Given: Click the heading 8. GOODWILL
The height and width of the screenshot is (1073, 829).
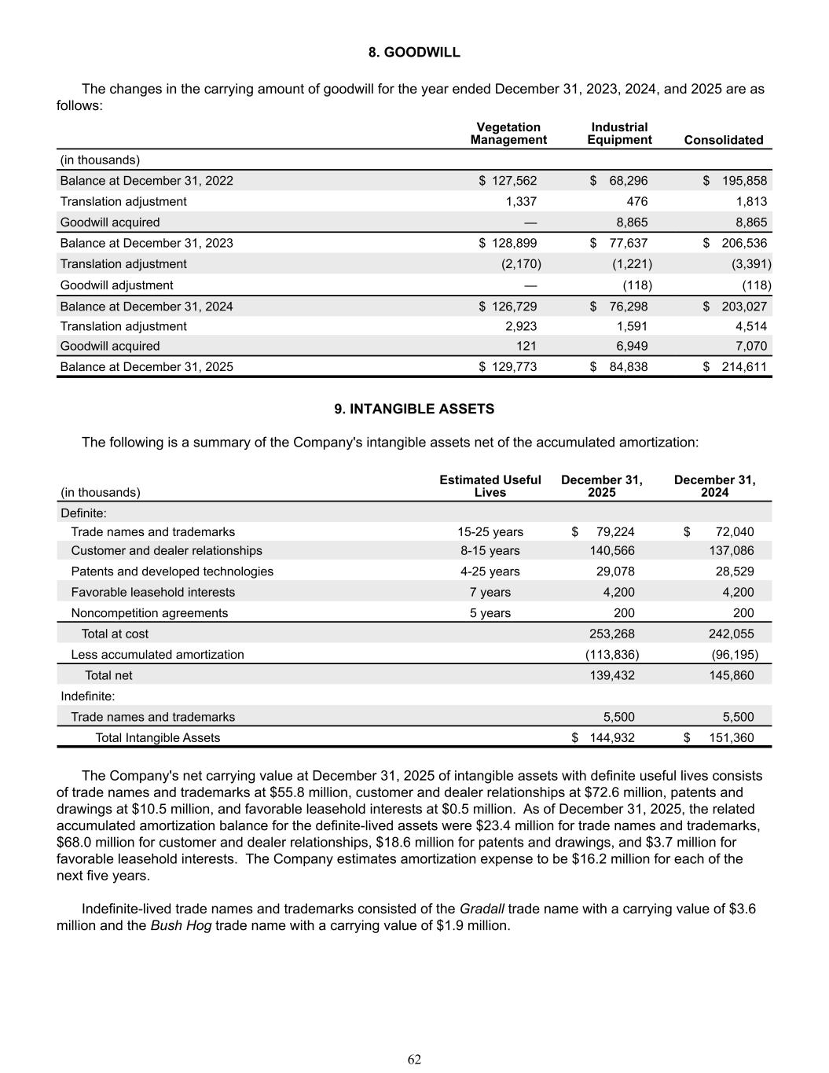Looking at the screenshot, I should pos(414,53).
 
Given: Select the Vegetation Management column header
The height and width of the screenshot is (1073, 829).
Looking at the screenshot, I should pos(508,134).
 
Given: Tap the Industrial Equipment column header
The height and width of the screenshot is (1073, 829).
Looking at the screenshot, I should pos(619,134).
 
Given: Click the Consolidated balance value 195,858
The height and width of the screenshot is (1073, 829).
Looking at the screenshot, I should pos(744,181).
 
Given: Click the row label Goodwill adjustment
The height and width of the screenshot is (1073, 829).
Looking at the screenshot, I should pos(117,285).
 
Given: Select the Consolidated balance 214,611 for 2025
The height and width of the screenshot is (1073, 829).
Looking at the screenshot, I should pos(744,366).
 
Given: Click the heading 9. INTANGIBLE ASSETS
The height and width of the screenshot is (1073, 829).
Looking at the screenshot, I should pos(414,409).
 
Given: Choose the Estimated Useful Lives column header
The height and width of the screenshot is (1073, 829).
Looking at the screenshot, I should pos(490,486).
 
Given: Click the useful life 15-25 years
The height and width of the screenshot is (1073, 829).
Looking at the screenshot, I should pos(490,532).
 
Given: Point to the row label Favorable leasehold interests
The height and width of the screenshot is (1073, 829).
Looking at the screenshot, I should pos(153,592).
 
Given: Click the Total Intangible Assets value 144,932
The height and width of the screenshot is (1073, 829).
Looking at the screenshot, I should pos(612,737).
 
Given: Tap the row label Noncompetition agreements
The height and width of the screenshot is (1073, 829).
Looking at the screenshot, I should pos(149,613).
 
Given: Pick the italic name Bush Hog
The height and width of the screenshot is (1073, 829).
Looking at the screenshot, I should pos(181,925).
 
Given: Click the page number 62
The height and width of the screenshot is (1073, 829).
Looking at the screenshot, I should pos(414,1060).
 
